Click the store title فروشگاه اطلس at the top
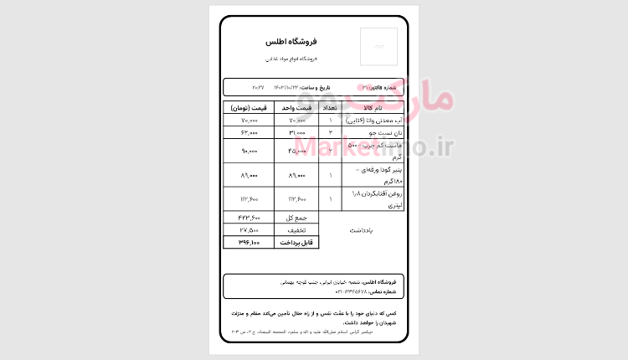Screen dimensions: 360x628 [x=291, y=42]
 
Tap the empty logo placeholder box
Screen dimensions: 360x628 [x=378, y=46]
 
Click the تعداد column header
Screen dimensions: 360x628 [x=331, y=108]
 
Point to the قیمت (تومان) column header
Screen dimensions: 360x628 [x=249, y=108]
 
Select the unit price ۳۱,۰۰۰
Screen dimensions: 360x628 [x=297, y=133]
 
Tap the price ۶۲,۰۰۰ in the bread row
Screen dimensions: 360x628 [x=250, y=133]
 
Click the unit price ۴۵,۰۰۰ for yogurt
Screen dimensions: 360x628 [x=298, y=152]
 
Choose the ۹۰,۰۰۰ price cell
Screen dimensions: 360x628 [x=250, y=152]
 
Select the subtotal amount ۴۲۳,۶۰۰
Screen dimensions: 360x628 [x=250, y=217]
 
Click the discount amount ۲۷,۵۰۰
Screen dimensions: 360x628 [x=250, y=229]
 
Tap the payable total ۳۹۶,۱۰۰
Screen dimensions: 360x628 [x=250, y=243]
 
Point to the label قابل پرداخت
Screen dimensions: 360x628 [x=297, y=243]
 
